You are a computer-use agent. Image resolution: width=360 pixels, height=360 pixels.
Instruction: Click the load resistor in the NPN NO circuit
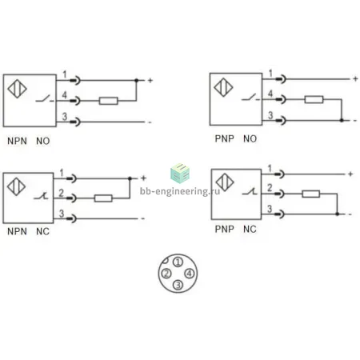coord(108,101)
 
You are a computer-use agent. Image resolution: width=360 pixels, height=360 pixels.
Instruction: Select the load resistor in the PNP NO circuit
coord(314,99)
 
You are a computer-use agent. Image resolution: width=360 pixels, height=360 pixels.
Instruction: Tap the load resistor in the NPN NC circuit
coord(103,198)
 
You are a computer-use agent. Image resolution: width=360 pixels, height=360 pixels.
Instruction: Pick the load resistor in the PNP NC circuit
coord(311,194)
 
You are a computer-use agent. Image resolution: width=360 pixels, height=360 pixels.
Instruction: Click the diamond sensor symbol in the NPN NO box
coord(17,89)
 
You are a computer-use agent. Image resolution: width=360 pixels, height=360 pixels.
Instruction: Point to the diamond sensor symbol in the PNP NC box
coord(225,182)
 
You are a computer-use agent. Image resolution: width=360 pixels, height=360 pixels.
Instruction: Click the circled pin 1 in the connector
coord(178,262)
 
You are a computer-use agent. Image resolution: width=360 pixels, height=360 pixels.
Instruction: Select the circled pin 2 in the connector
coord(166,274)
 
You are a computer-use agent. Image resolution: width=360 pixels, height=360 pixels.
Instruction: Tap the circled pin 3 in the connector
coord(178,285)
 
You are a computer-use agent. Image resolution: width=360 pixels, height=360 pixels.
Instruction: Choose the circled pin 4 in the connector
coord(190,274)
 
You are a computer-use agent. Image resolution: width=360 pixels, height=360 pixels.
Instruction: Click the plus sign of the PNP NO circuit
coord(355,79)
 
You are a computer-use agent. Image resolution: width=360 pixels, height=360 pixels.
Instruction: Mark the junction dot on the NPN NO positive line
coord(136,80)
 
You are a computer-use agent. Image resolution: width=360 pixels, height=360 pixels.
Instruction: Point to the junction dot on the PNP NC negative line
coord(338,214)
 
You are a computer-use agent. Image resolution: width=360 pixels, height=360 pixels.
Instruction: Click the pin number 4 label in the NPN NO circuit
coord(65,94)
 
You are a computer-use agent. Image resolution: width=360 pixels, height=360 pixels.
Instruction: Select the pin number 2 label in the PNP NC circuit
coord(270,188)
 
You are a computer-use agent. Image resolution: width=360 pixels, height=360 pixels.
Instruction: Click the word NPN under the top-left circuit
coord(17,141)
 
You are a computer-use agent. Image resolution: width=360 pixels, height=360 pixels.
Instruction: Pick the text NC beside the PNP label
coord(250,229)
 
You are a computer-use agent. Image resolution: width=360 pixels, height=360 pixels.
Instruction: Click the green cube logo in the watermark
coord(180,174)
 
